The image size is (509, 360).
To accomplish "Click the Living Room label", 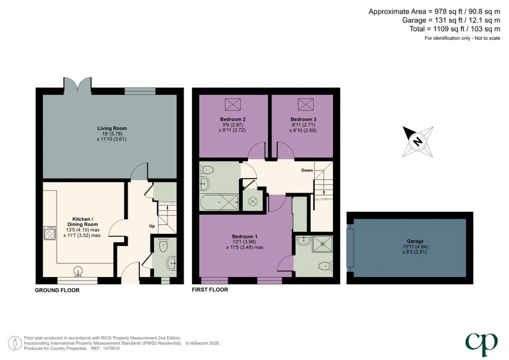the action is [112, 128].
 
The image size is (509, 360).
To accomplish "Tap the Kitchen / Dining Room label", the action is [83, 222].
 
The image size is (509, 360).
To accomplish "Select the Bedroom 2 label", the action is [233, 119].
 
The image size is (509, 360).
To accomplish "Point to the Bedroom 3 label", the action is [303, 119].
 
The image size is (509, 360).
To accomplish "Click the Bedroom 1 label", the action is [245, 236].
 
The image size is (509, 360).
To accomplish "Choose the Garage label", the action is [415, 241].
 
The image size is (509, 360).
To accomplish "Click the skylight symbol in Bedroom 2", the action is [233, 104].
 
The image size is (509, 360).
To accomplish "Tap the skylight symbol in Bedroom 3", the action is [306, 104].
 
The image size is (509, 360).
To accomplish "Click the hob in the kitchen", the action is [50, 233].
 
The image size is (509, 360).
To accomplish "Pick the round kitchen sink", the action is [78, 271].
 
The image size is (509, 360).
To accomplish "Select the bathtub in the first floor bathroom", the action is [219, 202].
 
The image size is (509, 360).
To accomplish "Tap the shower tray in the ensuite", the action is [322, 244].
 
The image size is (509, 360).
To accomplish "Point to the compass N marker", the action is [418, 142].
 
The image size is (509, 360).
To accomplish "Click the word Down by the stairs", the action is [307, 170].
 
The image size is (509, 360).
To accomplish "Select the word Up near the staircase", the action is [152, 226].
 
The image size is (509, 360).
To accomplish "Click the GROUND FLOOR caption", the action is [57, 290].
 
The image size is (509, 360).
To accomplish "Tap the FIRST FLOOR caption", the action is [210, 289].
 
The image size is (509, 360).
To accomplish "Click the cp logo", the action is [481, 344].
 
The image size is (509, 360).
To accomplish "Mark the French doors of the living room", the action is [78, 86].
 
